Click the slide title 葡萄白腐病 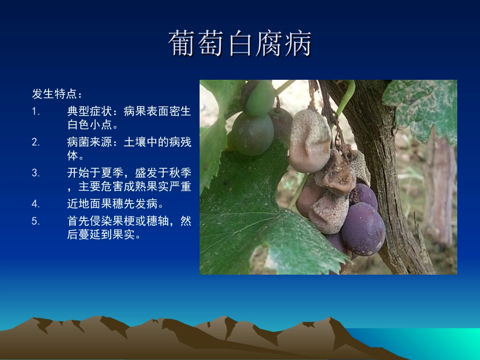[240, 44]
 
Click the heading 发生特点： [57, 94]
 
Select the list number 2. [35, 142]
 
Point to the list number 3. [35, 173]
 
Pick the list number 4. [35, 204]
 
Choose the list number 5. [35, 221]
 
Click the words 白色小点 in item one [89, 124]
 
